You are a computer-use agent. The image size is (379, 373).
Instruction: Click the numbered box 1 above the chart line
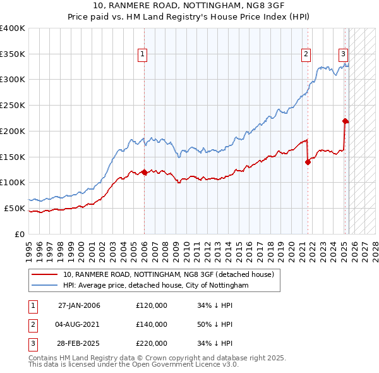[x=143, y=55]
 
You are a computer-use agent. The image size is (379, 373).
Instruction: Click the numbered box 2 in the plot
[x=306, y=55]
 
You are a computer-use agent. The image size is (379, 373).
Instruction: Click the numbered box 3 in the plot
[x=343, y=55]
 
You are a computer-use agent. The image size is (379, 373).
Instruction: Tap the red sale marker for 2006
[x=144, y=172]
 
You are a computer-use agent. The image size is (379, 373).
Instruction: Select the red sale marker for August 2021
[x=308, y=162]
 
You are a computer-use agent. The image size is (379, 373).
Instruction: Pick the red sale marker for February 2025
[x=345, y=121]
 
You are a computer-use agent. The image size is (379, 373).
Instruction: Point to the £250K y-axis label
[x=13, y=105]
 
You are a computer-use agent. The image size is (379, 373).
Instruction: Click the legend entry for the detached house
[x=168, y=275]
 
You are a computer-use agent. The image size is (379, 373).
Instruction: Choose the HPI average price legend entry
[x=156, y=286]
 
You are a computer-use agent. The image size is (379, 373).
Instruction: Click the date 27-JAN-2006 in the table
[x=79, y=305]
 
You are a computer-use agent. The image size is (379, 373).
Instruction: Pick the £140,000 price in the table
[x=152, y=324]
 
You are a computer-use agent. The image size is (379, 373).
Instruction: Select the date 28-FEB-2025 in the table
[x=79, y=343]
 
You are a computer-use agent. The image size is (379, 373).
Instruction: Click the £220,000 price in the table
[x=152, y=343]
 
